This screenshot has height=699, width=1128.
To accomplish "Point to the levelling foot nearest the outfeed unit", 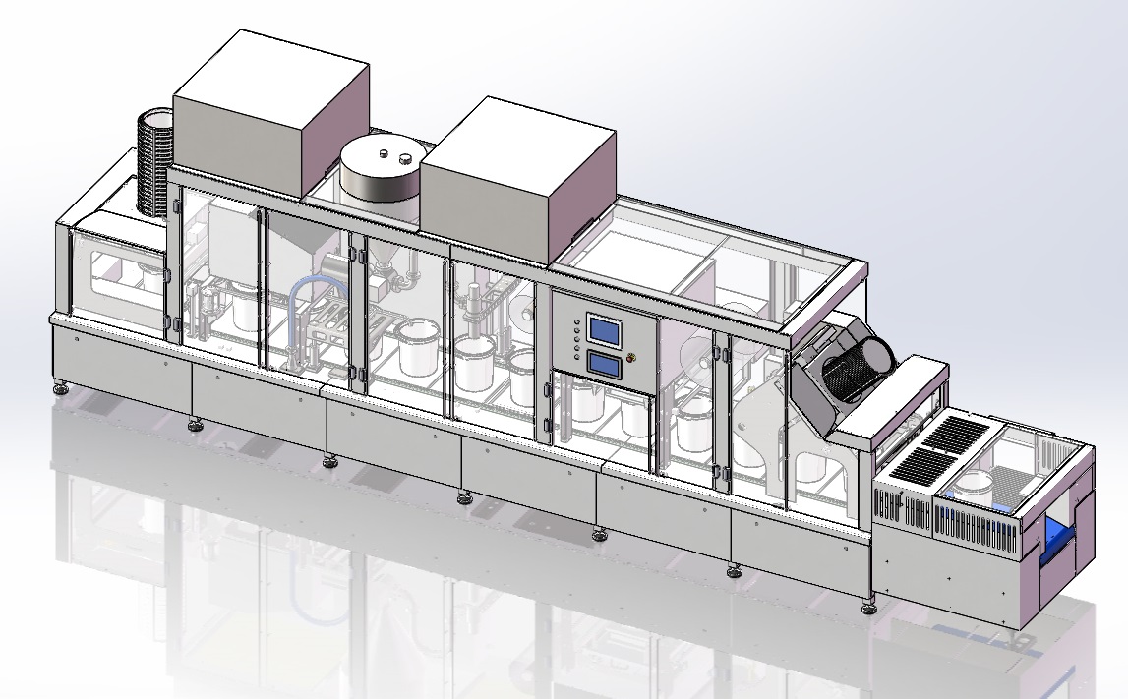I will pyautogui.click(x=868, y=607).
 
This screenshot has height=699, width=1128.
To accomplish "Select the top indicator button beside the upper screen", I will pyautogui.click(x=575, y=320).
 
